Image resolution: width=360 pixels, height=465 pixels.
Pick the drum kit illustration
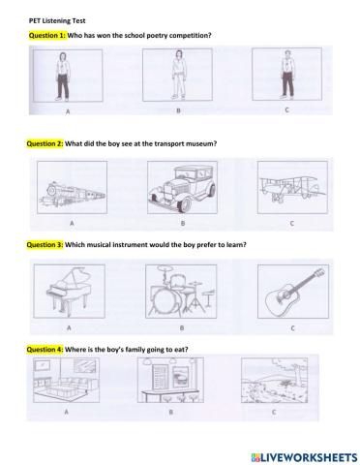(179, 290)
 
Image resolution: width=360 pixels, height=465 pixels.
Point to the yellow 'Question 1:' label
(47, 35)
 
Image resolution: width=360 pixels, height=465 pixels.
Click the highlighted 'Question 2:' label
(47, 142)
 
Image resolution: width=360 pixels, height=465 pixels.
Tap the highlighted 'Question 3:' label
(47, 244)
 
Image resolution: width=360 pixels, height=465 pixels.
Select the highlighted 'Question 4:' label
(47, 346)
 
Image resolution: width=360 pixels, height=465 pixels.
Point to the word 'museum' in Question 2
(200, 142)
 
